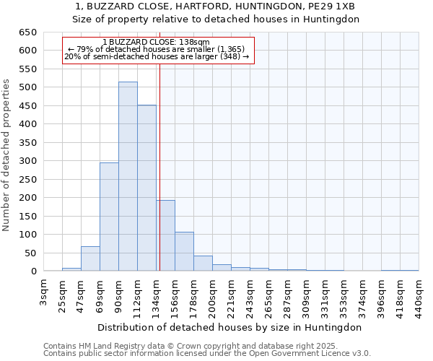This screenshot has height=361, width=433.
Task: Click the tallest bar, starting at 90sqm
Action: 128,177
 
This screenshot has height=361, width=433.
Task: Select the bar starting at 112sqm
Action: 146,188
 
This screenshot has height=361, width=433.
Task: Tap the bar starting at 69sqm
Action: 109,217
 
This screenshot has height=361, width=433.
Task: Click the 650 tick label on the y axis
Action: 27,32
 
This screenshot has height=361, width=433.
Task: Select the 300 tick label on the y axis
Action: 27,161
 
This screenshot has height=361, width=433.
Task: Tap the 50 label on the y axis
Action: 30,253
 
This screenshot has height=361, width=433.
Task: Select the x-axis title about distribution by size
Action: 230,327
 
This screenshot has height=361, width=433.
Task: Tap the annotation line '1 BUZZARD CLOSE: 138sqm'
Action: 157,43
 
